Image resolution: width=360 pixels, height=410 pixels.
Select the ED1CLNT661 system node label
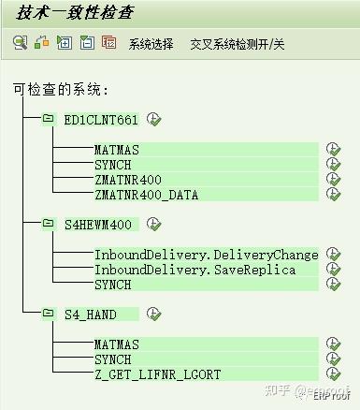click(100, 120)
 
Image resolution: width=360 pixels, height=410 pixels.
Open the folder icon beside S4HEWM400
click(48, 225)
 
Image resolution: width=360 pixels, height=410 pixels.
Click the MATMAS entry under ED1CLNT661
click(117, 150)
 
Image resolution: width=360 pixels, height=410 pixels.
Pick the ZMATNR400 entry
click(128, 180)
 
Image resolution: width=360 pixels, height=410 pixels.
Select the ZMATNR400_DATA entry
click(147, 195)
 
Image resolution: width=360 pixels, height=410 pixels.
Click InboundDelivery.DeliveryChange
click(206, 255)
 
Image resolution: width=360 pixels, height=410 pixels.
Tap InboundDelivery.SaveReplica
click(194, 270)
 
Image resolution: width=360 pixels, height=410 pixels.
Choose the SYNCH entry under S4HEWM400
click(113, 285)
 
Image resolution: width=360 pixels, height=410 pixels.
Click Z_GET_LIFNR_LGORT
click(157, 374)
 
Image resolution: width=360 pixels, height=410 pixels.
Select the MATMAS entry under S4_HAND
click(117, 344)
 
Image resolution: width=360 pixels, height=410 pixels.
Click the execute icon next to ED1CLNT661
click(154, 119)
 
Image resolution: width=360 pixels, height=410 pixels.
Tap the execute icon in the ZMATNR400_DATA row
click(333, 195)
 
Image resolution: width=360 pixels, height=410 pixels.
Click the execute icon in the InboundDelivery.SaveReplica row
click(333, 270)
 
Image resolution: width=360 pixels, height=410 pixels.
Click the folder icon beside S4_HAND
click(48, 314)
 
